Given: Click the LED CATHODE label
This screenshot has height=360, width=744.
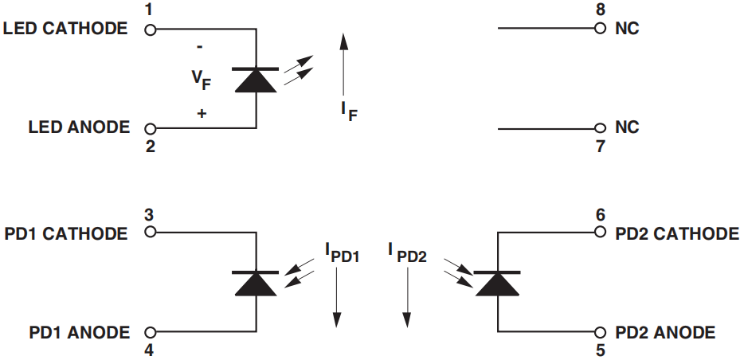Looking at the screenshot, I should pos(65,29).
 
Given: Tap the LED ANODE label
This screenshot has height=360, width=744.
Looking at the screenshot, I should pos(78,127).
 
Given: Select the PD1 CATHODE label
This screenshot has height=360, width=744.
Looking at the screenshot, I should pos(65,233).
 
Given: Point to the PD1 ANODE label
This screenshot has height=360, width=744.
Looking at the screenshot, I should pos(78,332).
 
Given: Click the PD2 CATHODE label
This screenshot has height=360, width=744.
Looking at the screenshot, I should pos(677,233).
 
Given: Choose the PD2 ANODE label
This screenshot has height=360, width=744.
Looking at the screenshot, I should pos(665,332).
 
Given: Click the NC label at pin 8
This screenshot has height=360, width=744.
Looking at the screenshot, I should pos(627,29).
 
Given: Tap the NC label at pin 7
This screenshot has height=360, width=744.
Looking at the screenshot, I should pos(627,127).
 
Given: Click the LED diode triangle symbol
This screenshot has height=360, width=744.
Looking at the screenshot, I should pos(256,80).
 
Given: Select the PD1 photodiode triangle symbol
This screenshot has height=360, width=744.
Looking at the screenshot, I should pos(256,283).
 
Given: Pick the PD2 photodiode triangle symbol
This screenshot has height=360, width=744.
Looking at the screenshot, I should pos(498,283).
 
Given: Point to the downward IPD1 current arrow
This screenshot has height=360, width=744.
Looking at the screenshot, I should pos(336,295).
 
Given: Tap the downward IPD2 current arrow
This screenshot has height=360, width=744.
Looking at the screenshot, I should pos(406,295).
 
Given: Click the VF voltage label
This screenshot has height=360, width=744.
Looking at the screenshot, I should pos(202,79).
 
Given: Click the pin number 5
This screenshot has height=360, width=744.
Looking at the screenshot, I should pos(600,350).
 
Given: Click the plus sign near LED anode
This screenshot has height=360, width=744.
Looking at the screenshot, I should pos(202,114).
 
